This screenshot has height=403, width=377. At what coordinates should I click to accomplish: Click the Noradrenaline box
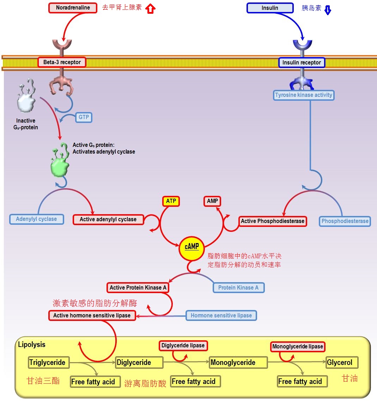click(x=73, y=8)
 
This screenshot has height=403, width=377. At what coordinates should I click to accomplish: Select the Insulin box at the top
click(x=270, y=8)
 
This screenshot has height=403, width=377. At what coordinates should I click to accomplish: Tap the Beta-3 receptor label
click(x=62, y=62)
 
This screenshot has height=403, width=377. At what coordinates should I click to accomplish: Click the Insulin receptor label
click(x=302, y=63)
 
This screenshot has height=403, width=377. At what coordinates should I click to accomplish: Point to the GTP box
click(x=84, y=117)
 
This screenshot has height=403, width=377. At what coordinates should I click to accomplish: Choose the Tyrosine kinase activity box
click(x=304, y=95)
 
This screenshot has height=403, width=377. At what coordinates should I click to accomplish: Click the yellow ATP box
click(x=171, y=201)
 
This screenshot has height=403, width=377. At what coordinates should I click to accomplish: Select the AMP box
click(x=212, y=201)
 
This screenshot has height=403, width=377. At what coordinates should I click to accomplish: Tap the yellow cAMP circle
click(x=192, y=247)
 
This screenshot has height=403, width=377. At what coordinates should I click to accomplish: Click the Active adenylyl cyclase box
click(x=108, y=219)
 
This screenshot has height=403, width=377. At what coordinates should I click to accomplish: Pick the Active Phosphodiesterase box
click(x=272, y=221)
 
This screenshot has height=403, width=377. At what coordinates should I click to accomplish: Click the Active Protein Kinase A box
click(x=138, y=287)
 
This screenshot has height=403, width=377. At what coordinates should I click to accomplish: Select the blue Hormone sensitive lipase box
click(x=221, y=315)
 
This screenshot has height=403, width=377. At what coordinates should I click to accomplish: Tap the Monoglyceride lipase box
click(x=298, y=347)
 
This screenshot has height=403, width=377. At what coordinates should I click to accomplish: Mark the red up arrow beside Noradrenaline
click(x=151, y=8)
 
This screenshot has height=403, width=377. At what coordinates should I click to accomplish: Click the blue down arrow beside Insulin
click(x=328, y=10)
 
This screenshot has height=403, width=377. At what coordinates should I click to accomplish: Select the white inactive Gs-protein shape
click(x=26, y=99)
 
